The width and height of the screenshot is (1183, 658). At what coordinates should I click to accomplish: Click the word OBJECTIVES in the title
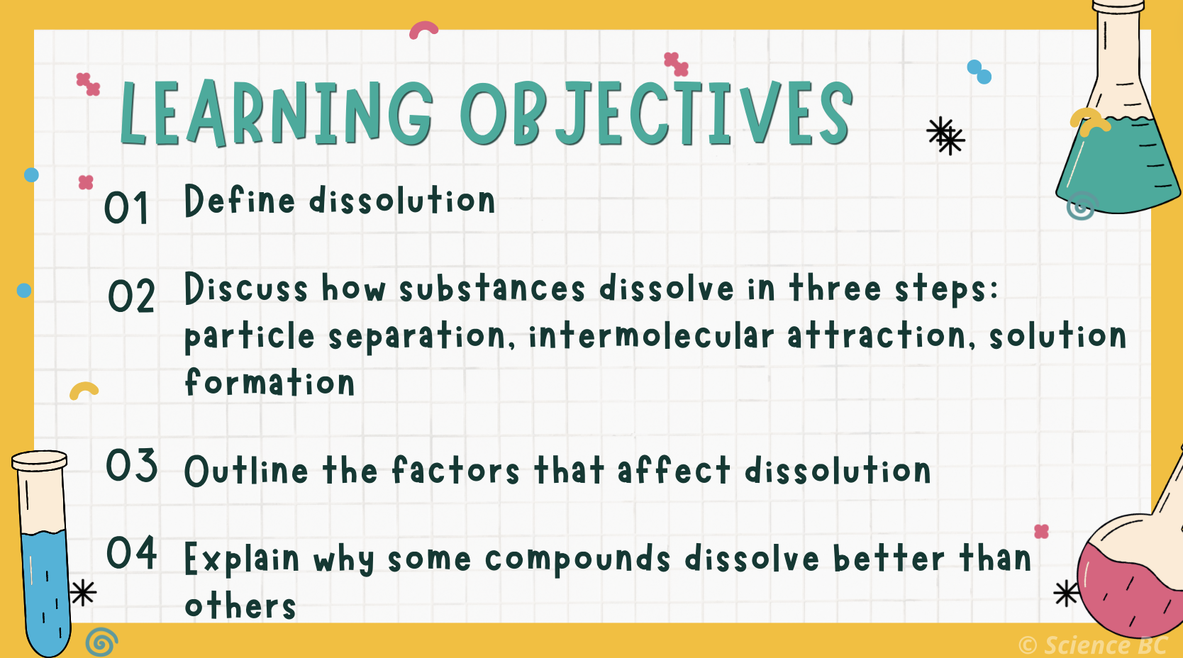656,113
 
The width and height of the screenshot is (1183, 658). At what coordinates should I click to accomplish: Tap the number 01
126,208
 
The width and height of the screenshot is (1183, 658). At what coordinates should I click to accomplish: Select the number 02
131,296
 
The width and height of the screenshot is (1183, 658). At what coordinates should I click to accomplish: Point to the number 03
132,466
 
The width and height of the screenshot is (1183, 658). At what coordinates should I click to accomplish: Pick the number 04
132,554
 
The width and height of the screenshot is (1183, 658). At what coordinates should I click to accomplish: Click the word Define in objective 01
239,201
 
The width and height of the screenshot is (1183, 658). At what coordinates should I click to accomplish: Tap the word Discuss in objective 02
245,289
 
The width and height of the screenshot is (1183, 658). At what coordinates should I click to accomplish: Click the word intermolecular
650,336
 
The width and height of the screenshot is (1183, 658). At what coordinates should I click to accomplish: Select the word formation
270,383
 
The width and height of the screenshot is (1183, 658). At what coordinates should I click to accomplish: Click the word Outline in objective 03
246,471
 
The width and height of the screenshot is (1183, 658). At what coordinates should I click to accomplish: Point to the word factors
455,471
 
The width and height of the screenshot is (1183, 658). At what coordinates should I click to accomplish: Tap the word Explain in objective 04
241,559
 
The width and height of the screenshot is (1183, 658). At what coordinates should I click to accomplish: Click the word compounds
577,559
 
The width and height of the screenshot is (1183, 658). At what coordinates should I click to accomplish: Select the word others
240,606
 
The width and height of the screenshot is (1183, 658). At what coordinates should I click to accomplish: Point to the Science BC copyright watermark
1092,645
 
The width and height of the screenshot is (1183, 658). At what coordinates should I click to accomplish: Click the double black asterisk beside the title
945,135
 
